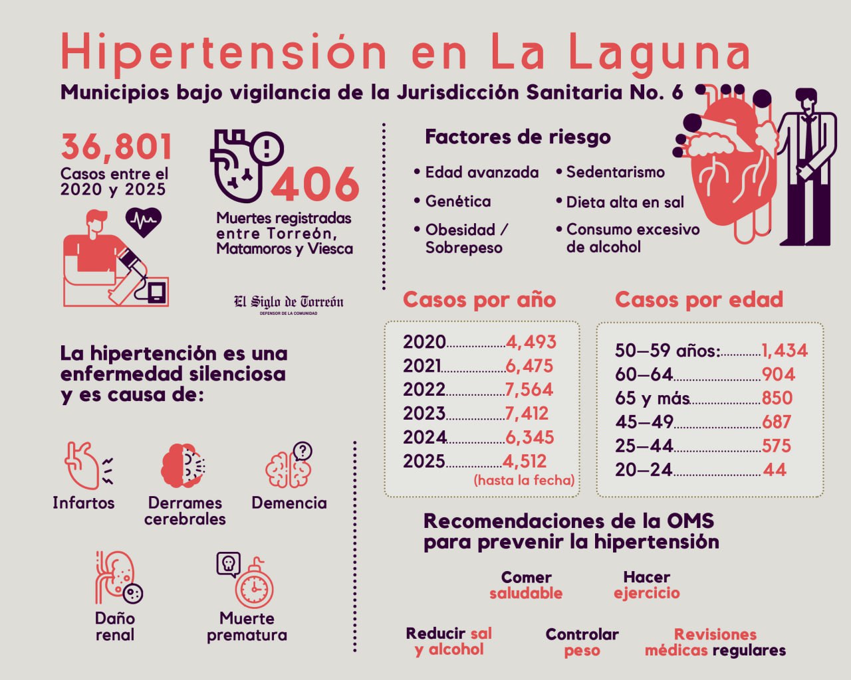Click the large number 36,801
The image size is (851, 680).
click(x=116, y=147)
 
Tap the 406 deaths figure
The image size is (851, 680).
click(x=315, y=184)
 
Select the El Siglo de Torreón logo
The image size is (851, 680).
click(x=289, y=303)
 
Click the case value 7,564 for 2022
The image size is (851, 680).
click(x=529, y=389)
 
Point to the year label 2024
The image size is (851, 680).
click(x=424, y=437)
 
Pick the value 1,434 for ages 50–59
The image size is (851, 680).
click(x=785, y=350)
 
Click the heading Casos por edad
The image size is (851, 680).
click(x=699, y=299)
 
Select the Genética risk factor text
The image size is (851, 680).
click(x=457, y=201)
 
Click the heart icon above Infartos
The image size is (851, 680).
click(x=83, y=465)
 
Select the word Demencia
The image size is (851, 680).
click(x=289, y=503)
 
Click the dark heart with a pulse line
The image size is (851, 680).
click(x=143, y=222)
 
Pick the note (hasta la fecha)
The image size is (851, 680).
click(x=524, y=479)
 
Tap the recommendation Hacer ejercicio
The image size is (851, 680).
click(x=646, y=585)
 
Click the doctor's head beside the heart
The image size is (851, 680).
click(x=806, y=104)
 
